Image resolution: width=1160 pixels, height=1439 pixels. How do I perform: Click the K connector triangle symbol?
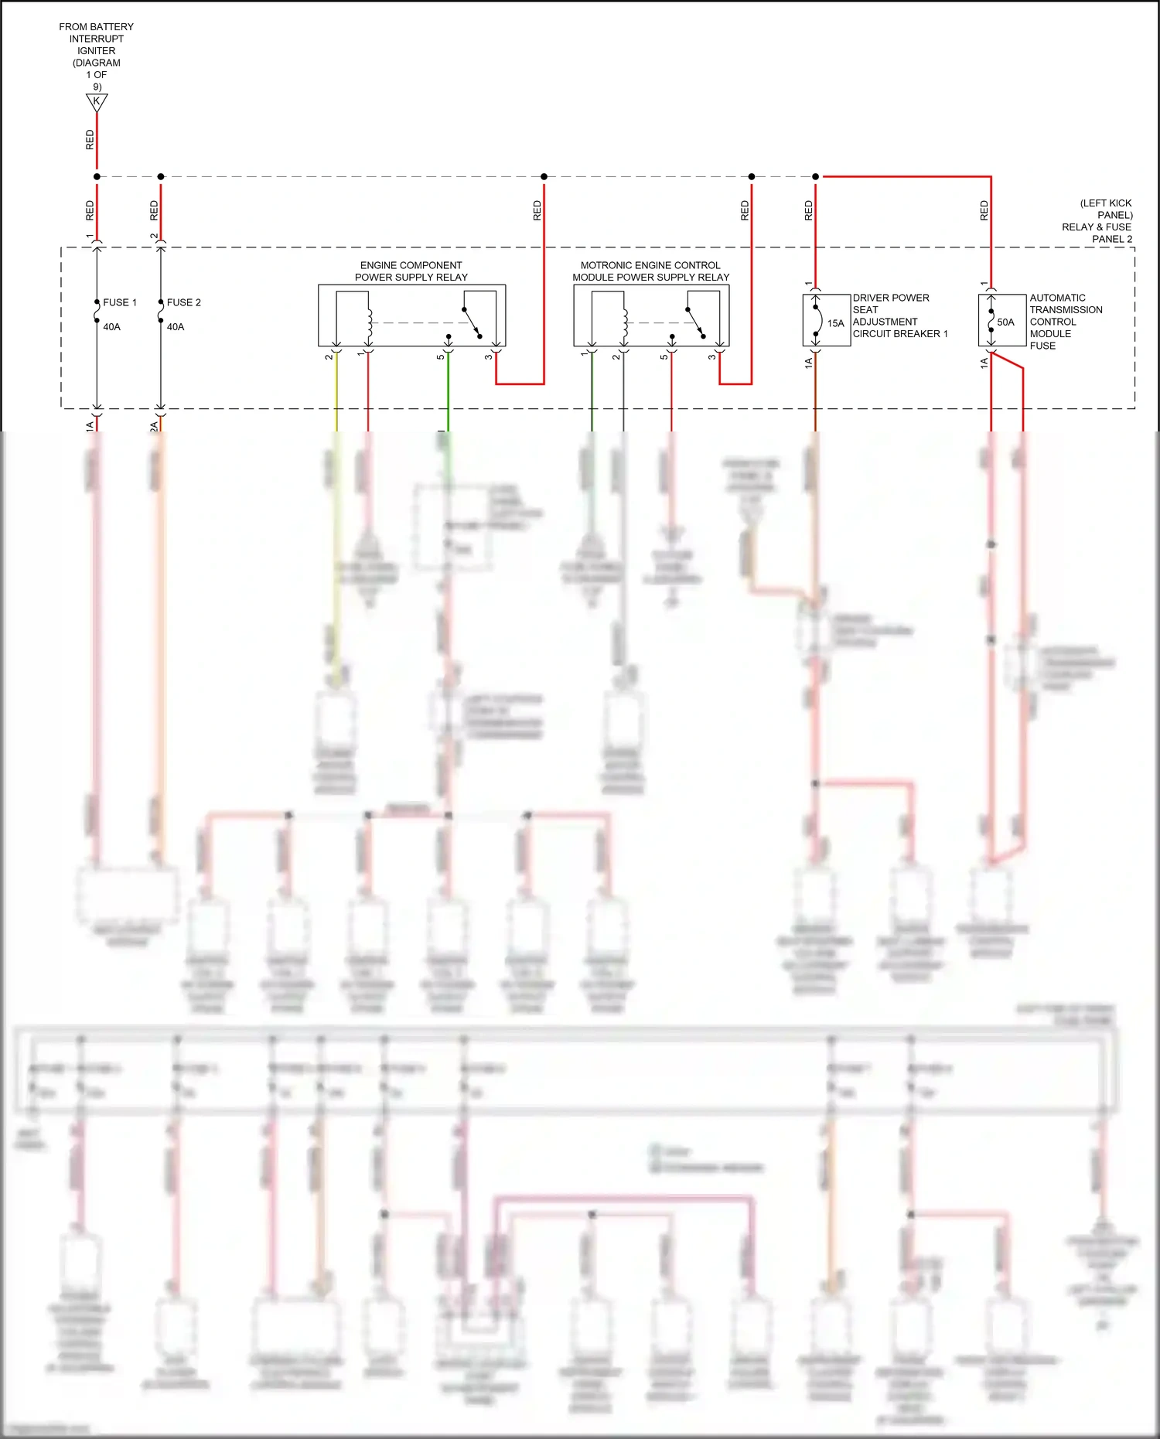[97, 102]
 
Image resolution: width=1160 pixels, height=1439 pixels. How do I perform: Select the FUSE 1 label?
[120, 302]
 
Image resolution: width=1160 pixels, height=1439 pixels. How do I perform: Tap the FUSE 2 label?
[184, 302]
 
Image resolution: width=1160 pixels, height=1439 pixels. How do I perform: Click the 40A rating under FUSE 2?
[176, 327]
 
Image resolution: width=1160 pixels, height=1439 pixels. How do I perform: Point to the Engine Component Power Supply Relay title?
[411, 271]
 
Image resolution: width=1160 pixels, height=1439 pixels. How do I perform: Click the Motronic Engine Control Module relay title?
[650, 271]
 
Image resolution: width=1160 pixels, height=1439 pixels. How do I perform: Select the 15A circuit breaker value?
[836, 323]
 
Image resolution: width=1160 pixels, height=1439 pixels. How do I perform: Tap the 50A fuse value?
[1005, 322]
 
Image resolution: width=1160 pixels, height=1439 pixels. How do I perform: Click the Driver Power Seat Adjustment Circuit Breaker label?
[899, 315]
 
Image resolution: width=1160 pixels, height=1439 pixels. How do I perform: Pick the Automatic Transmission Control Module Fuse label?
[1065, 322]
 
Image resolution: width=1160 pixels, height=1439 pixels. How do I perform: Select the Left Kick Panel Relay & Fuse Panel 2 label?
[1098, 221]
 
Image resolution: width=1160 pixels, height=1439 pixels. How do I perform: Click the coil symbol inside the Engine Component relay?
[370, 323]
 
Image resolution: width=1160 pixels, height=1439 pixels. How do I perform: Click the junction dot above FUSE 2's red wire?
[161, 177]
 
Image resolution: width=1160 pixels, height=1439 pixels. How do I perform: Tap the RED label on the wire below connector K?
[90, 140]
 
